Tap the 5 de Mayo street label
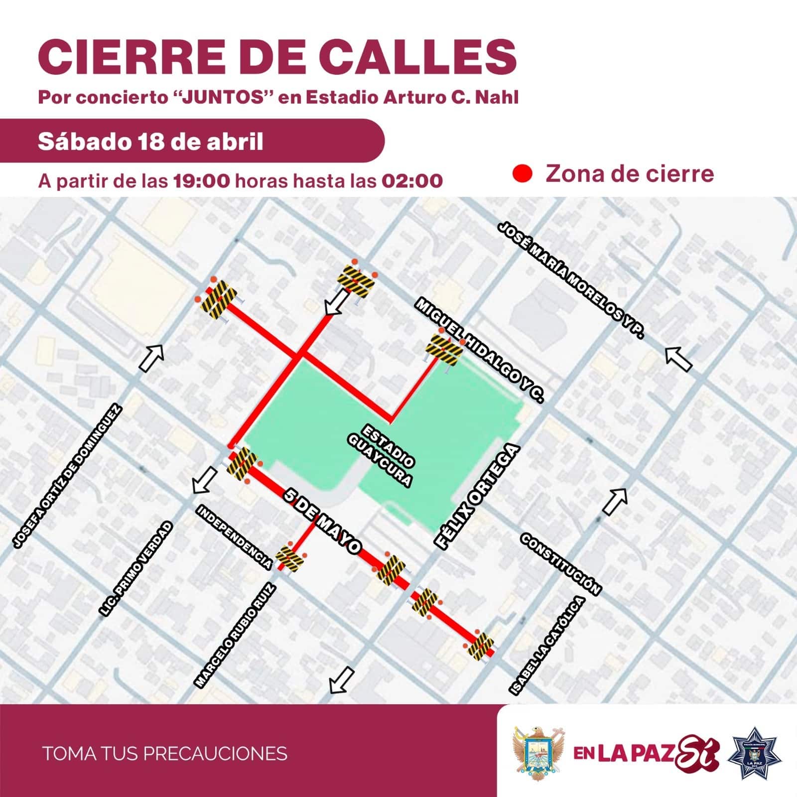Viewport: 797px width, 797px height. (x=322, y=521)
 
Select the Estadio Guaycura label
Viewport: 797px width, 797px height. (x=388, y=455)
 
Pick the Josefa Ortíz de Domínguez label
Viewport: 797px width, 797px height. (x=67, y=477)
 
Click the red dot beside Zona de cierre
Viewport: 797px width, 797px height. (x=523, y=174)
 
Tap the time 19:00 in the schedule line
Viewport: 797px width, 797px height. (x=202, y=180)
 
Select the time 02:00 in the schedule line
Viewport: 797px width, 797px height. (x=412, y=180)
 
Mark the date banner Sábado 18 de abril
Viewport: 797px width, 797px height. (x=150, y=141)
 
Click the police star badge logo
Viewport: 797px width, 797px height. (x=754, y=753)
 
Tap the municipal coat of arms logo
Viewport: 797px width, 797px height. (x=538, y=753)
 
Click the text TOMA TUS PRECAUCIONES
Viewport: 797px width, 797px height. (x=165, y=753)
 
